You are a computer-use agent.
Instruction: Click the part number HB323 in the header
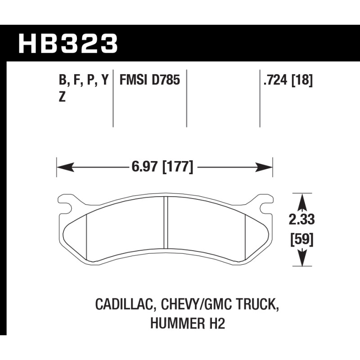pyautogui.click(x=68, y=43)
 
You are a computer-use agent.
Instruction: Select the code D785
pyautogui.click(x=166, y=80)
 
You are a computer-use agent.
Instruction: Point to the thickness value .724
pyautogui.click(x=275, y=80)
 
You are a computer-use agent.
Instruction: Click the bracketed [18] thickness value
pyautogui.click(x=302, y=81)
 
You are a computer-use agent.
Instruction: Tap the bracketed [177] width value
pyautogui.click(x=178, y=167)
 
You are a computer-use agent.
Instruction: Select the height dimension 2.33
pyautogui.click(x=301, y=220)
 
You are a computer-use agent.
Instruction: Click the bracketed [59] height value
pyautogui.click(x=302, y=240)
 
